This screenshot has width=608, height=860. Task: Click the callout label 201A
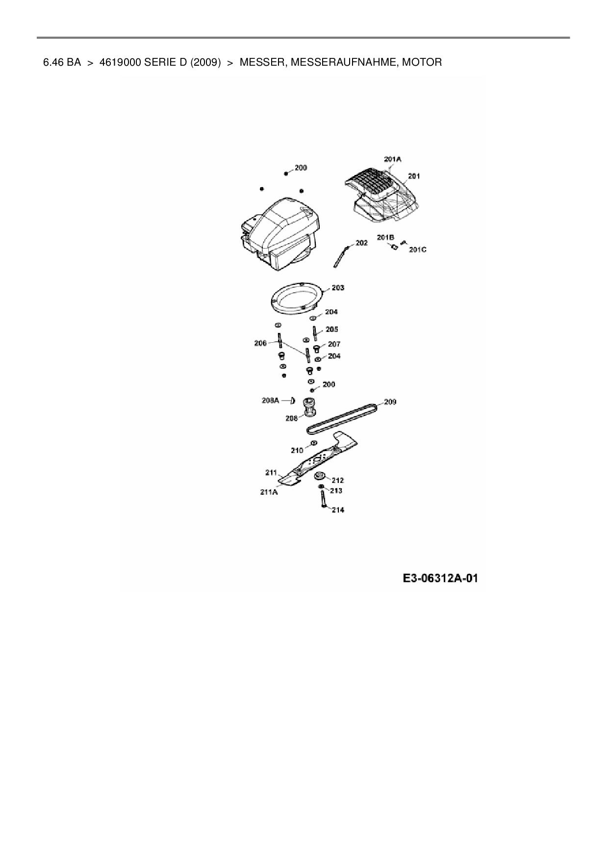pyautogui.click(x=392, y=159)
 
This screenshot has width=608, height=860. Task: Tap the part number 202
pyautogui.click(x=361, y=243)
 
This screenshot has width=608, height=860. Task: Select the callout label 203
pyautogui.click(x=338, y=288)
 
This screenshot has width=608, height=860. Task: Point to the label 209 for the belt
pyautogui.click(x=390, y=402)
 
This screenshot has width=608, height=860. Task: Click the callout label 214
pyautogui.click(x=338, y=510)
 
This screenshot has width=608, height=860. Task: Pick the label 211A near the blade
pyautogui.click(x=269, y=492)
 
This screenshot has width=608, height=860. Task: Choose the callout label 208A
pyautogui.click(x=270, y=401)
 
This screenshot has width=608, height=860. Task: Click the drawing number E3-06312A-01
pyautogui.click(x=440, y=579)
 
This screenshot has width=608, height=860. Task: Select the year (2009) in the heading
pyautogui.click(x=203, y=62)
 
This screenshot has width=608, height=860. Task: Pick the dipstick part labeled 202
pyautogui.click(x=341, y=256)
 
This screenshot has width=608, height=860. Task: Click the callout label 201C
pyautogui.click(x=417, y=250)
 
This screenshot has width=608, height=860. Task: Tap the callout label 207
pyautogui.click(x=334, y=344)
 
